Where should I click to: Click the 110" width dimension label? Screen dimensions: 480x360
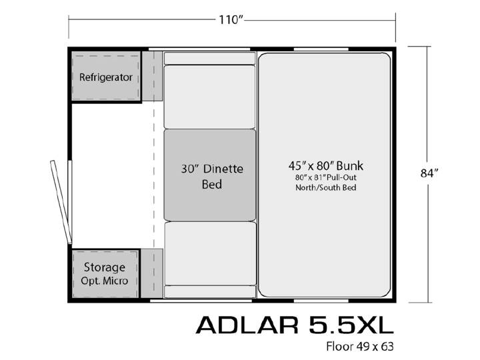(x=230, y=20)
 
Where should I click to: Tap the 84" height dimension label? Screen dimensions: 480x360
(x=429, y=173)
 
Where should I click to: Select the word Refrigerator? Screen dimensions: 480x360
(x=105, y=77)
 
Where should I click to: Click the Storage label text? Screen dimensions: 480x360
(x=105, y=267)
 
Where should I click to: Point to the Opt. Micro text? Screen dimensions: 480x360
(x=105, y=281)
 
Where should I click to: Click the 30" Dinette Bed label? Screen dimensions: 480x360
(x=212, y=176)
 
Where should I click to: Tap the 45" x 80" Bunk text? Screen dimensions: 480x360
(x=326, y=166)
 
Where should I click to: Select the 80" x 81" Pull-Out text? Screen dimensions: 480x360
(x=326, y=177)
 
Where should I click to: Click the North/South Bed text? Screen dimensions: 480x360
(x=326, y=187)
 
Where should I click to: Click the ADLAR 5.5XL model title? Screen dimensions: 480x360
(x=295, y=325)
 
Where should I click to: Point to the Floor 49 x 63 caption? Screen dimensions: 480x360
(x=360, y=347)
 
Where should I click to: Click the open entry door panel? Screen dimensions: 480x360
(x=61, y=202)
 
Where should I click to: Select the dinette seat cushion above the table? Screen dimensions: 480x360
(x=210, y=97)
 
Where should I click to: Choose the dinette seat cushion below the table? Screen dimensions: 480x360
(x=210, y=253)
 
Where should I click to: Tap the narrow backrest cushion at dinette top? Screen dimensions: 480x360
(x=210, y=58)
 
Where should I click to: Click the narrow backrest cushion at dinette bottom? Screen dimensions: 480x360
(x=210, y=292)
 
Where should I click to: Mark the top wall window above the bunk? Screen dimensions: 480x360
(x=321, y=49)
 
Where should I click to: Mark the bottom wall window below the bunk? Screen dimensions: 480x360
(x=321, y=301)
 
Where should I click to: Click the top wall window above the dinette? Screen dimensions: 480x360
(x=199, y=49)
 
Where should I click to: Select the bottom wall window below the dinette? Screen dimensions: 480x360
(x=201, y=301)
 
